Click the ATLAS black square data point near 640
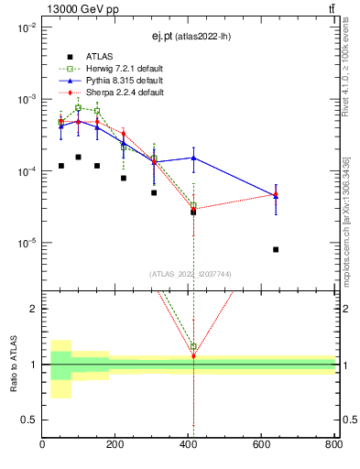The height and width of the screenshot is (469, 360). pos(276,249)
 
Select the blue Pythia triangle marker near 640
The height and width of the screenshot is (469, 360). pos(276,195)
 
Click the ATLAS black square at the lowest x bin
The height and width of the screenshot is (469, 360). pos(60,166)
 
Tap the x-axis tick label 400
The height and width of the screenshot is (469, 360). pos(189,444)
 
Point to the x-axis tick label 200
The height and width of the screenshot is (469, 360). pos(115,444)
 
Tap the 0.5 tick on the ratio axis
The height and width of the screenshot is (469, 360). pos(28,420)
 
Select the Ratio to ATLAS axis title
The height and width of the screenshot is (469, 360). pos(13,364)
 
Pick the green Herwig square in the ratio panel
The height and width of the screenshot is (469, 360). pos(193,347)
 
